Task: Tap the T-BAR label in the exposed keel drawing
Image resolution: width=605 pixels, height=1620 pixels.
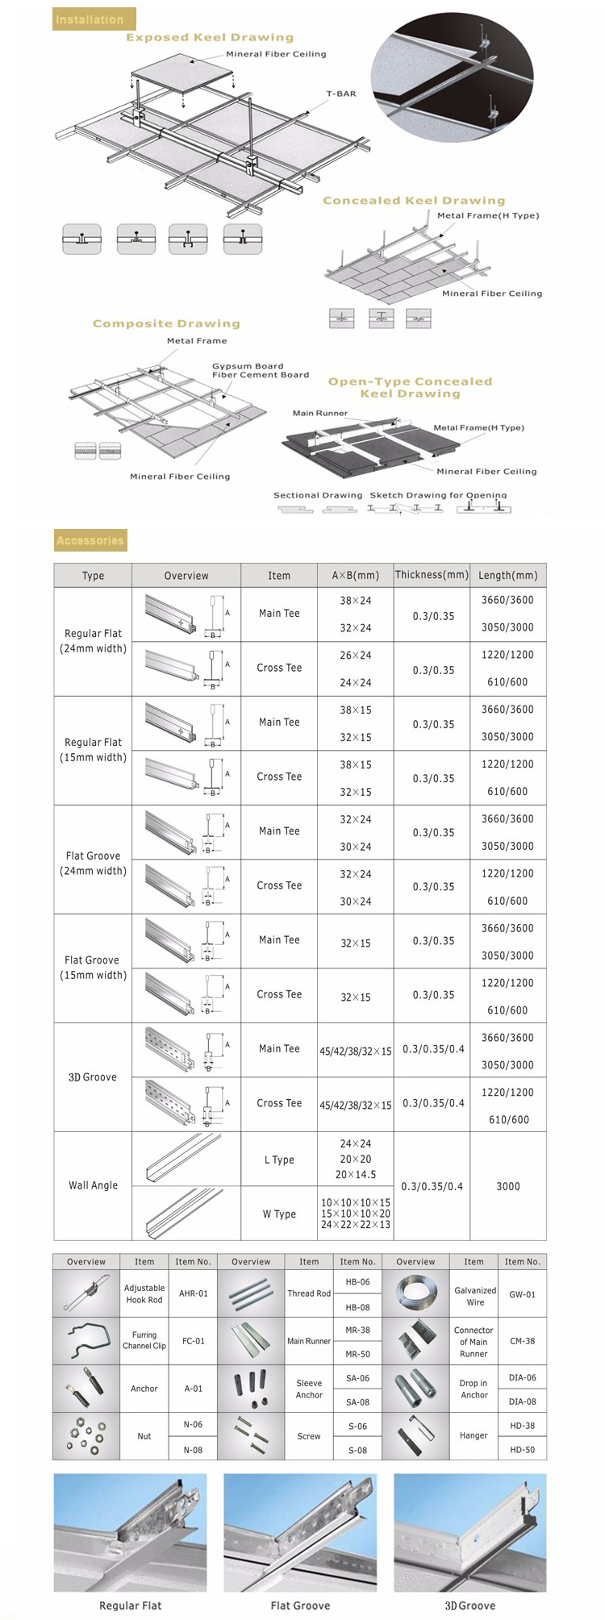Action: click(x=340, y=94)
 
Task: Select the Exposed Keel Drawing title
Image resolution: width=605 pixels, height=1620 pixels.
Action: click(x=209, y=37)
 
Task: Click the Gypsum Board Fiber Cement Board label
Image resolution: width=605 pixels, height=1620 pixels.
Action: click(x=260, y=370)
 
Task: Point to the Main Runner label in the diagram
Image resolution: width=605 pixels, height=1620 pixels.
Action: click(x=319, y=413)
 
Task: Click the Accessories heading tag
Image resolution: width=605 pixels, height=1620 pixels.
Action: click(x=90, y=540)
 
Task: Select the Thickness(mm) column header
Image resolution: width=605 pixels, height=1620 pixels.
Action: click(x=432, y=575)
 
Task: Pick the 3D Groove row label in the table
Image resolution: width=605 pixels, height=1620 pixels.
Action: click(x=93, y=1077)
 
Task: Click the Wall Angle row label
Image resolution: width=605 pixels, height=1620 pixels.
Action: click(x=93, y=1185)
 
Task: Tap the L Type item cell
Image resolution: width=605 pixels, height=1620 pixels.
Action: click(x=279, y=1160)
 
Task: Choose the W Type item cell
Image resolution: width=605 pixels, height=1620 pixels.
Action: click(x=279, y=1214)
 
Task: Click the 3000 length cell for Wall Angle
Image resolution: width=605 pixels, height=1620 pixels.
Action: click(x=507, y=1186)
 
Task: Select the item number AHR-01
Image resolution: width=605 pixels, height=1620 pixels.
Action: click(x=193, y=1293)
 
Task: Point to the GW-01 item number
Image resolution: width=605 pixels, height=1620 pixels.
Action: click(x=522, y=1294)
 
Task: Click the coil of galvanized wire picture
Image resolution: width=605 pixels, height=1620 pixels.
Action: click(x=415, y=1293)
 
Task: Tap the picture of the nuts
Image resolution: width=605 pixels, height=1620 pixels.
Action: click(x=86, y=1436)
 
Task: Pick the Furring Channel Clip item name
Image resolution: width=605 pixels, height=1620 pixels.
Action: click(x=144, y=1340)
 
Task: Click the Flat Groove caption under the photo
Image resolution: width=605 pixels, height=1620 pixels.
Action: click(x=300, y=1605)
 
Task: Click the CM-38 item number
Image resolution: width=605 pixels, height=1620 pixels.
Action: click(x=522, y=1341)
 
